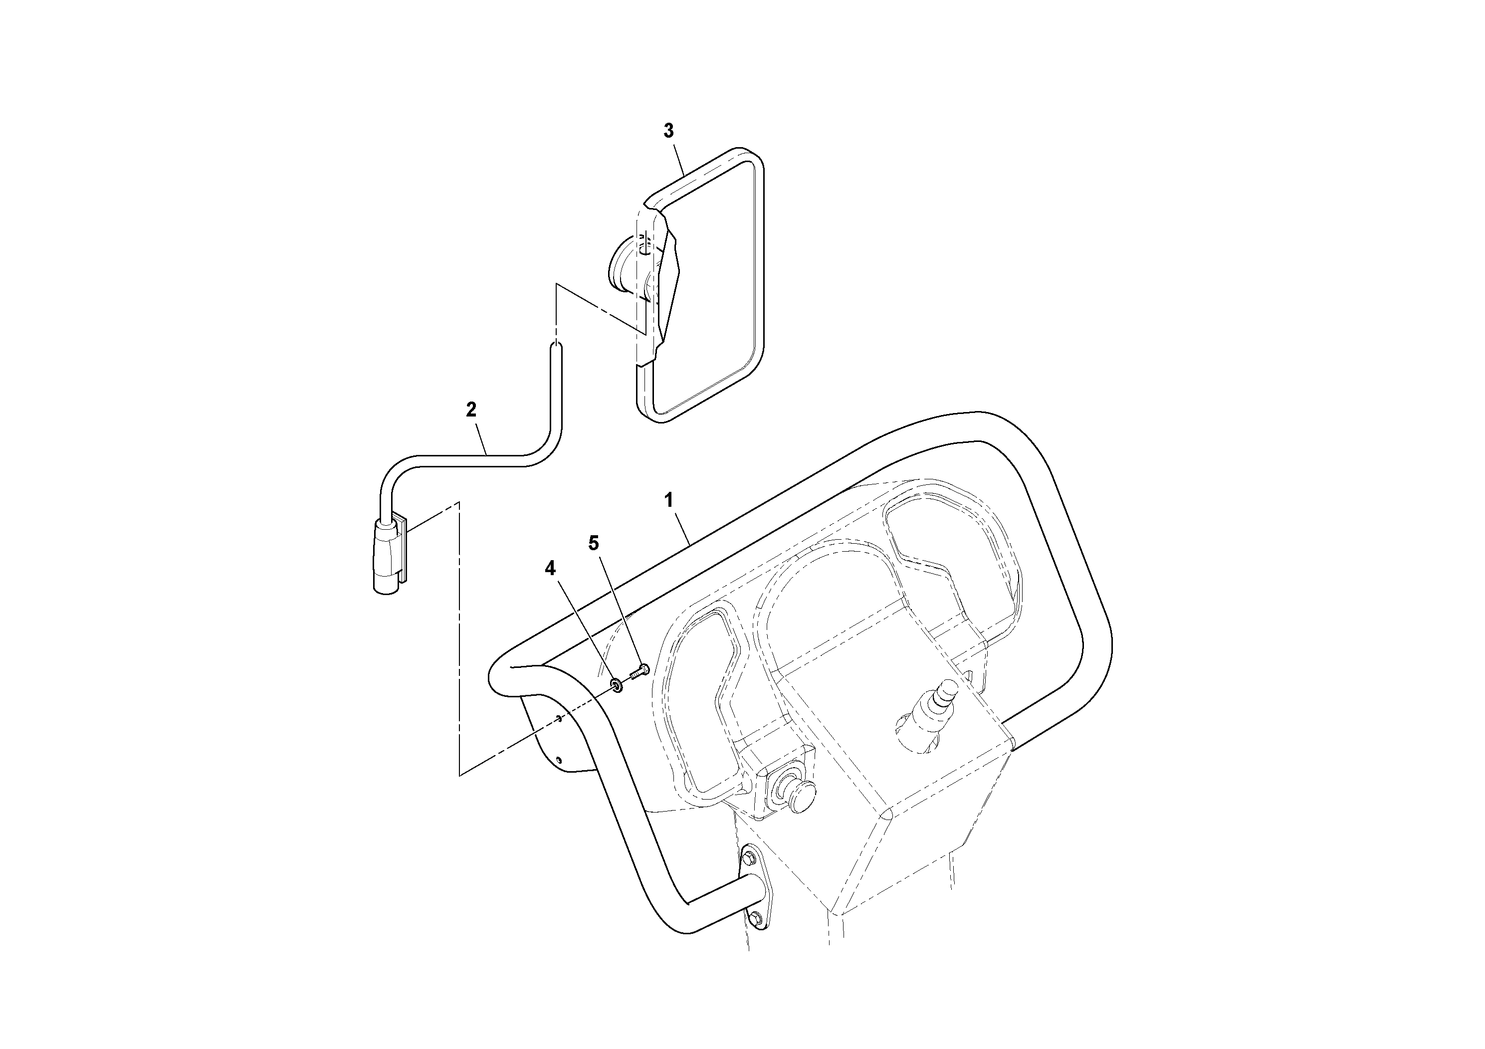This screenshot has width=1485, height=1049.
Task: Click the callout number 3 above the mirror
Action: pyautogui.click(x=668, y=131)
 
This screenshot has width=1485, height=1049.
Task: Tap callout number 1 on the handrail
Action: pyautogui.click(x=669, y=499)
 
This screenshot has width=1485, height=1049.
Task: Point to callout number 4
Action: pyautogui.click(x=550, y=569)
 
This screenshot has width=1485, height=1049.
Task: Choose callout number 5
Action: pyautogui.click(x=593, y=543)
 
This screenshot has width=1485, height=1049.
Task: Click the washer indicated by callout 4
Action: pyautogui.click(x=617, y=685)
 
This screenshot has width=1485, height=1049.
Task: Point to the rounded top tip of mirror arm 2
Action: pyautogui.click(x=556, y=350)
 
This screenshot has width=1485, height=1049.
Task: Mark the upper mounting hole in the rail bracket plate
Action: pyautogui.click(x=558, y=718)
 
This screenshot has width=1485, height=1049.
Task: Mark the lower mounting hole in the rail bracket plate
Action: pyautogui.click(x=560, y=760)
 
